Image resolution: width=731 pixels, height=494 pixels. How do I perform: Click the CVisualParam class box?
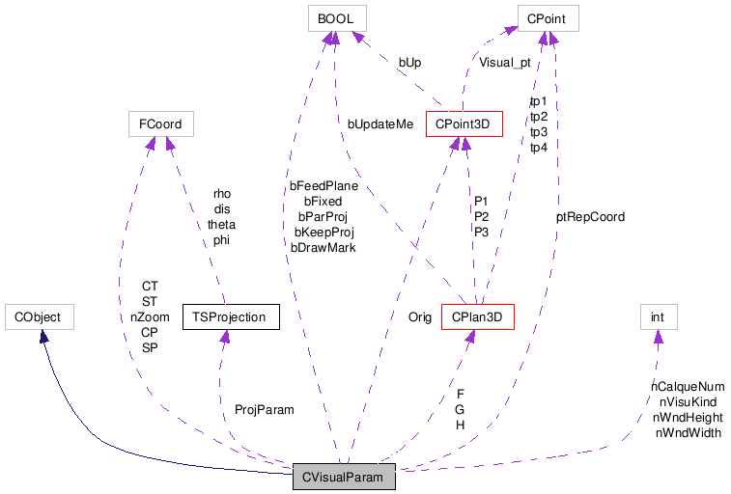coord(344,477)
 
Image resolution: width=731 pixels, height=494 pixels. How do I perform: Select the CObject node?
coord(40,316)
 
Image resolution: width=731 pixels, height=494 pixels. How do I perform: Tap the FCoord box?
coord(160,123)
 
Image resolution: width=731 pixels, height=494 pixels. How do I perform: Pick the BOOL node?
coord(334,17)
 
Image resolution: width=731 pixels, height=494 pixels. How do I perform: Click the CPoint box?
coord(548,17)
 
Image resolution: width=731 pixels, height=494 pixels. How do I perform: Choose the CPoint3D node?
coord(464,123)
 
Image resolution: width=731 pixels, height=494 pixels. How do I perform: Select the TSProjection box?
coord(230,316)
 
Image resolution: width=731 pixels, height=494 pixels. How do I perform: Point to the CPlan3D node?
coord(476,316)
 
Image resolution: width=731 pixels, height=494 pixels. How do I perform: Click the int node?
coord(657,316)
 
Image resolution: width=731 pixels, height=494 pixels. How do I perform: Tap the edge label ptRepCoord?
coord(590,217)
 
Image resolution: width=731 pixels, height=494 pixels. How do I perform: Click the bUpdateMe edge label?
coord(380,123)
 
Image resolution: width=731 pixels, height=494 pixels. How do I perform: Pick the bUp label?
coord(409,63)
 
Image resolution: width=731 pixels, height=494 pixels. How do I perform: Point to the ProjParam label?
coord(264,409)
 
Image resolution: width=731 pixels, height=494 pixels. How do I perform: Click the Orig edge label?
coord(419,316)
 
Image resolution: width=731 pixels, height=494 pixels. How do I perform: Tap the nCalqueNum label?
coord(688,386)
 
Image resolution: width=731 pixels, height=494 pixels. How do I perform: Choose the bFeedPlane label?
coord(323,186)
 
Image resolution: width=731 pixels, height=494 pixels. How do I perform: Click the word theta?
coord(221,225)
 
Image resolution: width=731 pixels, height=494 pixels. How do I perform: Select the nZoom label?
coord(150,316)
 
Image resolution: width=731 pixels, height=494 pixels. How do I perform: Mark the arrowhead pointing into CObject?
coord(42,335)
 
